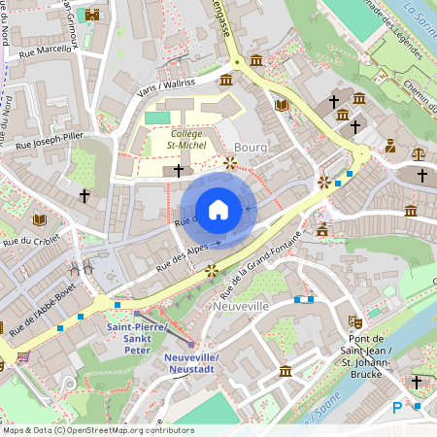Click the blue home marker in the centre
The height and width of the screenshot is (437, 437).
point(218,210)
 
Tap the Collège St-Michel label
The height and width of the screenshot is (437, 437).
point(186,139)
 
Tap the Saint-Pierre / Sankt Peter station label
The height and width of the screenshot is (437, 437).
point(136,334)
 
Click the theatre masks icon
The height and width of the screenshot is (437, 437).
point(355,319)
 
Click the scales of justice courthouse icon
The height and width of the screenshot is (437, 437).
point(418,152)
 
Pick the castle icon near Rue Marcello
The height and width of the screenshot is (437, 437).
point(92,16)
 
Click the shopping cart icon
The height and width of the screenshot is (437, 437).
point(21,356)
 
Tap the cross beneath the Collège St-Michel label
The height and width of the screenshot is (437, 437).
point(178,171)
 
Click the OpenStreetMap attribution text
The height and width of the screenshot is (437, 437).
point(97,430)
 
